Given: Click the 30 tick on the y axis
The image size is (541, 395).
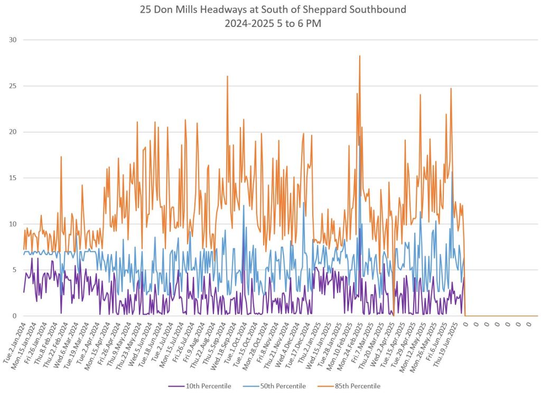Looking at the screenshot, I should [13, 40].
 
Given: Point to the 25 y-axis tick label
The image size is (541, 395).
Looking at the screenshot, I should [13, 86].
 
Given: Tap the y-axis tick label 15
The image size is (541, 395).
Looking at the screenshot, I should [13, 178].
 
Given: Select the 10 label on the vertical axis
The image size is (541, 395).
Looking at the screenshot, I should [13, 224].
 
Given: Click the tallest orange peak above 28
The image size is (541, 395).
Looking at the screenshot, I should [360, 56].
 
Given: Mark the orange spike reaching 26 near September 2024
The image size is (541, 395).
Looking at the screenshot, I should [227, 77].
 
